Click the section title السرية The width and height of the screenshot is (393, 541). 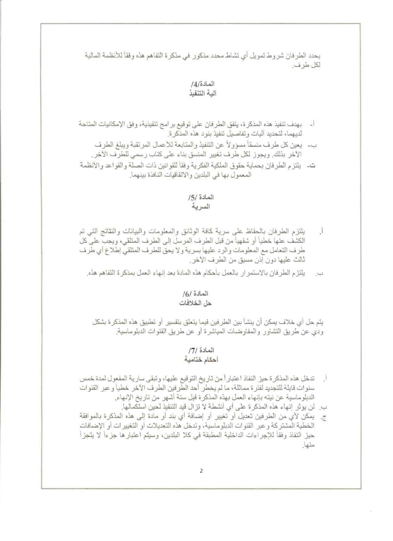tap(201, 207)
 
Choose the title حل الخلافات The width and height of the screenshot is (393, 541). tap(195, 303)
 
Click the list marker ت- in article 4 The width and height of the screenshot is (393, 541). tap(313, 166)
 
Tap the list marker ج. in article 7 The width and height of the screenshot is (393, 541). tap(323, 417)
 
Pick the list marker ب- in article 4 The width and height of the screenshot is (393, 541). tap(314, 145)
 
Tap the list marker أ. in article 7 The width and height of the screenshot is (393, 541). tap(324, 378)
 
